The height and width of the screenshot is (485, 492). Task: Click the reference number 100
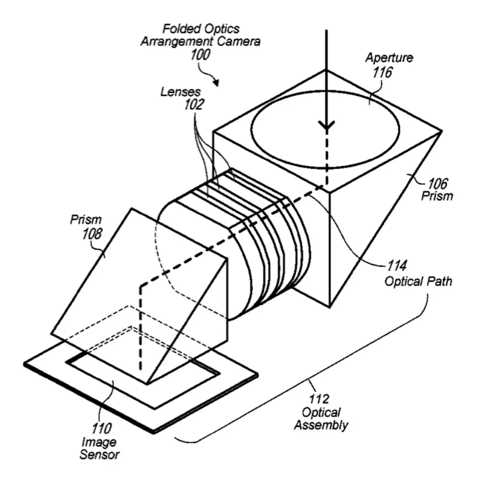coord(200,54)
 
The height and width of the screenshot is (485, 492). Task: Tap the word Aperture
coord(389,58)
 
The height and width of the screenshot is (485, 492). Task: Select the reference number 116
coord(382,72)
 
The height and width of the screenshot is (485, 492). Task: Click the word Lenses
coord(180,92)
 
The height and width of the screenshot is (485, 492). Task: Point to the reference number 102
coord(194,105)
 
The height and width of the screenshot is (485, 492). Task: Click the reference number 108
coord(92,234)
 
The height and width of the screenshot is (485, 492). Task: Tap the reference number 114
coord(397,266)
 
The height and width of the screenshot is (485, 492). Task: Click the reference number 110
coord(101,429)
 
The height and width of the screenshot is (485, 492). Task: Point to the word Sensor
coord(100,455)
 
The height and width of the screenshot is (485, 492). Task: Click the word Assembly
coord(321,425)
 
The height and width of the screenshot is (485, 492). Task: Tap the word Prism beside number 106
coord(437,196)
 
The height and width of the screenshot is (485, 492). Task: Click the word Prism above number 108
coord(86,220)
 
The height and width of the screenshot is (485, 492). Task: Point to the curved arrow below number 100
coord(209,77)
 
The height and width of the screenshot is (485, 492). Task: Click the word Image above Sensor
coord(99,442)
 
